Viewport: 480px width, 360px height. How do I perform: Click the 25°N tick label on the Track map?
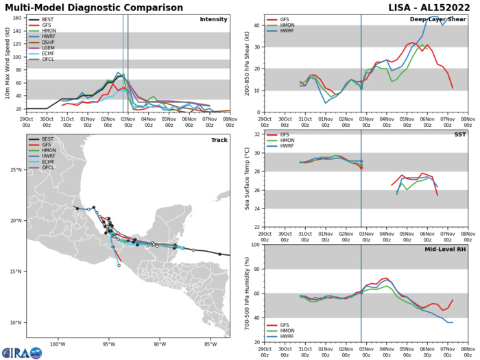16,189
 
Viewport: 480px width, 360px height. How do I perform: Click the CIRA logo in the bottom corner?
21,352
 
